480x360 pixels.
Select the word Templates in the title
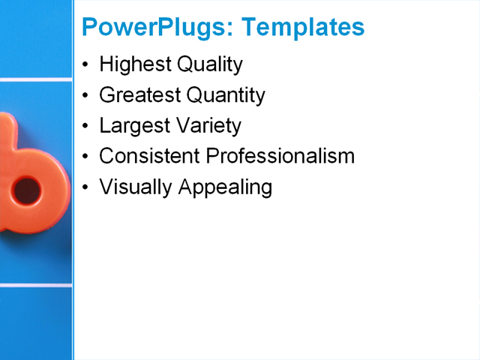pyautogui.click(x=304, y=27)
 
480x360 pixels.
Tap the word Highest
pyautogui.click(x=135, y=65)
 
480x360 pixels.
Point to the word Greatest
pyautogui.click(x=139, y=95)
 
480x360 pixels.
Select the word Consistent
pyautogui.click(x=150, y=156)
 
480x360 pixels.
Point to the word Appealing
pyautogui.click(x=225, y=187)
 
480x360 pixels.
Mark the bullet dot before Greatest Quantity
pyautogui.click(x=86, y=96)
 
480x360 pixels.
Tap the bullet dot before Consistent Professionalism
pyautogui.click(x=86, y=157)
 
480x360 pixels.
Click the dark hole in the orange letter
pyautogui.click(x=28, y=190)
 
